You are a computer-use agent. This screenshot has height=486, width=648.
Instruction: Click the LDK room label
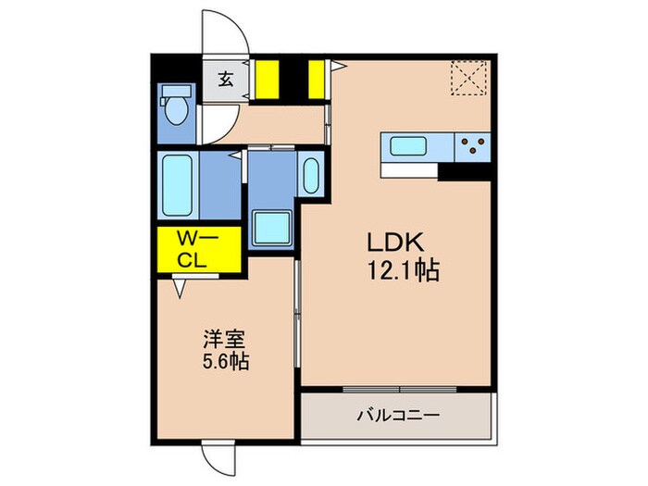click(x=395, y=243)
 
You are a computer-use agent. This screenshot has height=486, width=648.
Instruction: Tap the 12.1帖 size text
click(x=403, y=270)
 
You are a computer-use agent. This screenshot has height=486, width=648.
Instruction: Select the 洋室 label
click(x=224, y=340)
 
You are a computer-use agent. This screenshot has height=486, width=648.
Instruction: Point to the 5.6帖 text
click(x=225, y=362)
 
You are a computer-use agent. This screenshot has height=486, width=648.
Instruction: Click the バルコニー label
click(x=397, y=415)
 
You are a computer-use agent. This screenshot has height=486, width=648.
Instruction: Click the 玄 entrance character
click(x=226, y=80)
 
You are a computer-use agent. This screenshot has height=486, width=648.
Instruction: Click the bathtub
click(x=177, y=185)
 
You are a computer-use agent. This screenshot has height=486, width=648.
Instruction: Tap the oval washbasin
click(x=311, y=175)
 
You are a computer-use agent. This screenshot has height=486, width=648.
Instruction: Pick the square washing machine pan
click(x=272, y=228)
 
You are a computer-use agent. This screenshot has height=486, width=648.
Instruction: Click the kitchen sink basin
click(x=408, y=146)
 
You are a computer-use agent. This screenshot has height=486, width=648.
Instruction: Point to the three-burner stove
click(x=473, y=147)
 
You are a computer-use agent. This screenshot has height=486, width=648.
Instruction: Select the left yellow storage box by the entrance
click(x=267, y=80)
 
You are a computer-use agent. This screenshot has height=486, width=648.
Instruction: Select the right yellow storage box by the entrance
click(x=317, y=80)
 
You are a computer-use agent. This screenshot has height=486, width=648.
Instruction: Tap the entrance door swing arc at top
click(x=235, y=20)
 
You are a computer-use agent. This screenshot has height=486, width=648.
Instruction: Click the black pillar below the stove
click(x=464, y=172)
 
